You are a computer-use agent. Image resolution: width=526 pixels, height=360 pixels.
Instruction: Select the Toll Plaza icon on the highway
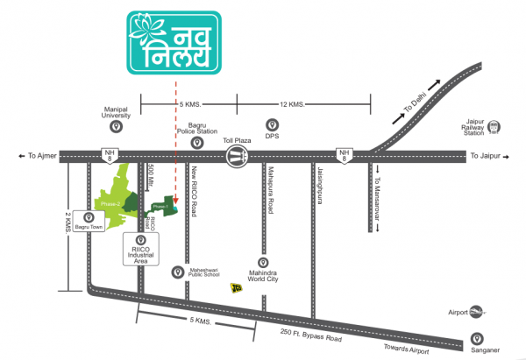[236, 157]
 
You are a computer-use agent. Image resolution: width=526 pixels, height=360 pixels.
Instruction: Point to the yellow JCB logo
[236, 287]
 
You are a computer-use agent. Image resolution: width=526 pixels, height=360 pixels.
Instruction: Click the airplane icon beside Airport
[478, 310]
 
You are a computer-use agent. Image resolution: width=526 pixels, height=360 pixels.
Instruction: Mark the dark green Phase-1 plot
[161, 207]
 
